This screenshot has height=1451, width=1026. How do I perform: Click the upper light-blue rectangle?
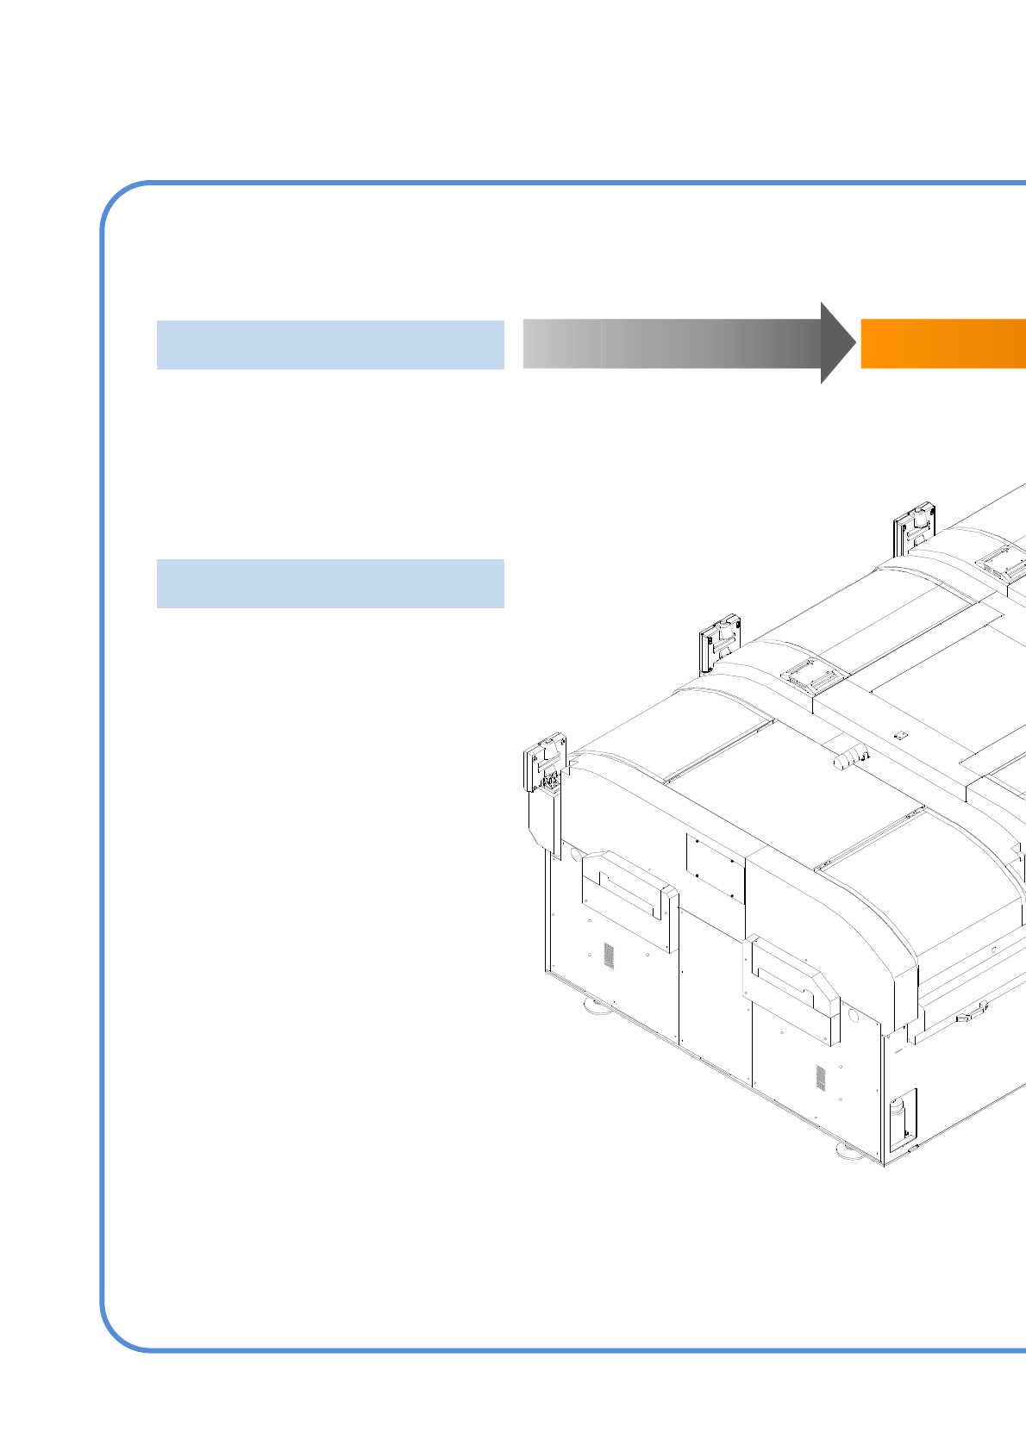point(330,345)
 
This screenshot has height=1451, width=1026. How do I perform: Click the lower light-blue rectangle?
point(330,583)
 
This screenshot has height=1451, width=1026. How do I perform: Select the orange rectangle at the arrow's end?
point(943,343)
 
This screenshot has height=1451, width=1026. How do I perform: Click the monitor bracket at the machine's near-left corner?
point(544,763)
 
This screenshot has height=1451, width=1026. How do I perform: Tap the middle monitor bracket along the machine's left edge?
point(720,641)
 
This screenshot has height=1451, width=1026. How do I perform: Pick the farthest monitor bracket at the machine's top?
point(915,528)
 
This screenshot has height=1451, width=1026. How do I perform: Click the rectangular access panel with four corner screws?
point(715,867)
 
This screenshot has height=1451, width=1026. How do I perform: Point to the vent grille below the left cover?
point(608,955)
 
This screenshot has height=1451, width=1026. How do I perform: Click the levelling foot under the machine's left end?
point(596,1005)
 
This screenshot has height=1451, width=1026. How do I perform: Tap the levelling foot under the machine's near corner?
point(848,1151)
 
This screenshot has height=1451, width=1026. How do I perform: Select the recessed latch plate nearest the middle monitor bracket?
point(810,675)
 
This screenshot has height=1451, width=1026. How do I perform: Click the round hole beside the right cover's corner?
point(854,1016)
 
